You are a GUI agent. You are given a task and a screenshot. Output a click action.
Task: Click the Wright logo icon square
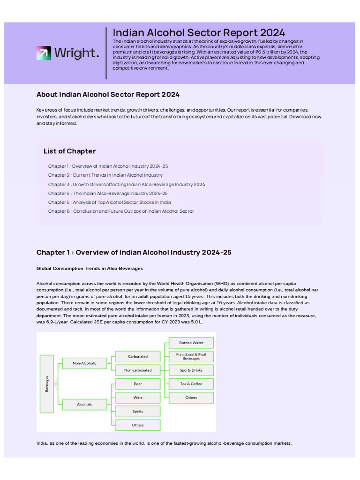44,53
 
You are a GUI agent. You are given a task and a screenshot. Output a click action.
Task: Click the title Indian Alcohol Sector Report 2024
199,32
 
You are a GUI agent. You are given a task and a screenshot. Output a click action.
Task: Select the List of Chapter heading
69,151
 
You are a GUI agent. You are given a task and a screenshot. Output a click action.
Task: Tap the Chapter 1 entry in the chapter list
108,166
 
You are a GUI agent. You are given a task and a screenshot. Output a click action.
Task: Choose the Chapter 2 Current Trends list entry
105,175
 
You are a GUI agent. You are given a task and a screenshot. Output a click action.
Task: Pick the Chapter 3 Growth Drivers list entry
126,184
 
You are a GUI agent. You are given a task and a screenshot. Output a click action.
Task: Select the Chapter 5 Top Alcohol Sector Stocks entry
109,202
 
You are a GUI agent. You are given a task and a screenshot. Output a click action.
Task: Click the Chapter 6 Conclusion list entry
120,211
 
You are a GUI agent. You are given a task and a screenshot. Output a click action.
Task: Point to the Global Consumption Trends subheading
90,268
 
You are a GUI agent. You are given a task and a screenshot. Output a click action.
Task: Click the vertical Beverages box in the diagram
46,383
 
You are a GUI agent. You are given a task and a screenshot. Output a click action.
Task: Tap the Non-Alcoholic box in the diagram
84,363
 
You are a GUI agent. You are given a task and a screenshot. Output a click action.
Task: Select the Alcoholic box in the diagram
84,404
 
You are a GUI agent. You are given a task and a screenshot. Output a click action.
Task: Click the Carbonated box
138,356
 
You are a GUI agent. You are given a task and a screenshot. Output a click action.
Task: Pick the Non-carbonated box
138,370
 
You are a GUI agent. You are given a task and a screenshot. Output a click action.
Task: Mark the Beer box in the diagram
138,383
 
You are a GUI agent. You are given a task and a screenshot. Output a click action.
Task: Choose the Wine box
138,397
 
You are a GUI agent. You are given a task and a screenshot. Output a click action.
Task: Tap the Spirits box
138,411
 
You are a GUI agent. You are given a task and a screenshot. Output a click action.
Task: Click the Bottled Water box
191,343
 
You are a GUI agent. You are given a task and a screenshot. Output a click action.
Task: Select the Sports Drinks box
191,370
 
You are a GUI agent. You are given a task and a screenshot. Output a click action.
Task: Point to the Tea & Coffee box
191,383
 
